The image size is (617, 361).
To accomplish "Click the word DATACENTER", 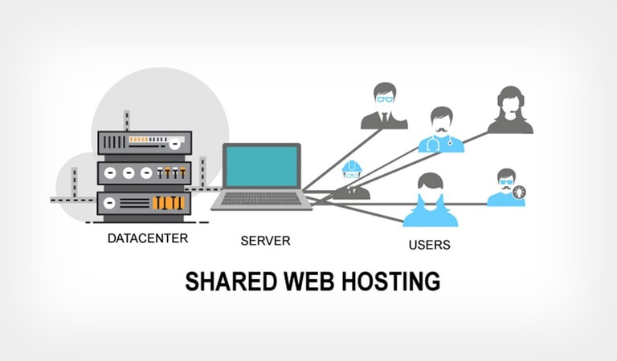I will tap(148, 238).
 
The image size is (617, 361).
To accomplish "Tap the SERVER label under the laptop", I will tap(265, 240).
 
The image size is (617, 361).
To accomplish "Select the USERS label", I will tap(428, 244).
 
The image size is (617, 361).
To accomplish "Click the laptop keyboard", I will tap(261, 198).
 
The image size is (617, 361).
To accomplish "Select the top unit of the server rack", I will tap(145, 142).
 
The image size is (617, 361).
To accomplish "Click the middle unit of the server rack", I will tap(145, 172).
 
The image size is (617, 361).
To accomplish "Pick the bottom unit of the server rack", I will tap(145, 203).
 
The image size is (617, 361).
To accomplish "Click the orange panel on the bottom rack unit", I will tap(170, 203).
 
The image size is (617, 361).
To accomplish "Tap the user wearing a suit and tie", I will tap(384, 107).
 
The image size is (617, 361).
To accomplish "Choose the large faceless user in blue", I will tap(430, 201).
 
